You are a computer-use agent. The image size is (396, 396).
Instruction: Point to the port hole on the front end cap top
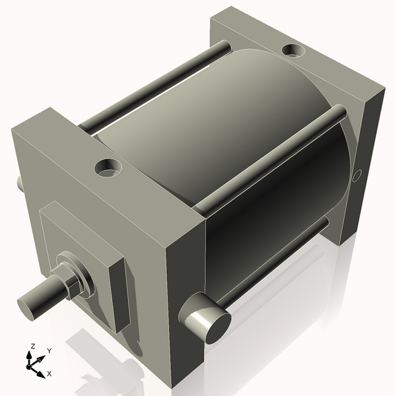(107, 168)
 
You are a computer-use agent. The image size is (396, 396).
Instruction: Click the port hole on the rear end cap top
(292, 49)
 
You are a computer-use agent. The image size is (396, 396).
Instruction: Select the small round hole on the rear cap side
(357, 176)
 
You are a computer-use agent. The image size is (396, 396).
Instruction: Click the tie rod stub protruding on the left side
(20, 181)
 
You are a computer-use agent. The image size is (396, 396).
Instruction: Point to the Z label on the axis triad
(32, 346)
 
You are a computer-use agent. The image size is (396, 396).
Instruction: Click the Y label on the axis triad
(49, 351)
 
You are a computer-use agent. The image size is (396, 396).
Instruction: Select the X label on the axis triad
(49, 374)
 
